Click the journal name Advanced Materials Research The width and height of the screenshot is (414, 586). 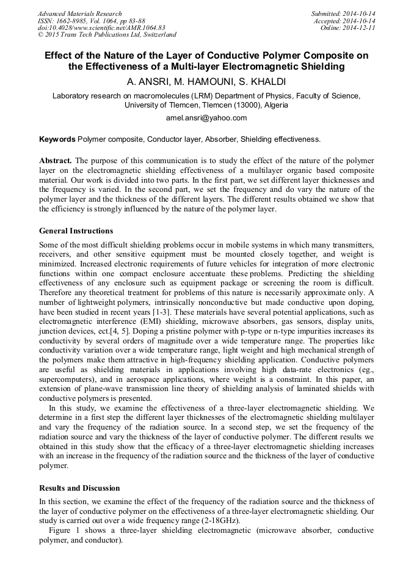[80, 13]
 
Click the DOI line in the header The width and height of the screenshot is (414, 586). [101, 28]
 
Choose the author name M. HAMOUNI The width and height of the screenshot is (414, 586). [204, 81]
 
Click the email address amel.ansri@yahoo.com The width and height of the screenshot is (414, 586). [206, 118]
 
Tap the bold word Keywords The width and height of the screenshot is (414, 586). [57, 139]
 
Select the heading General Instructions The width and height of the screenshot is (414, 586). [76, 231]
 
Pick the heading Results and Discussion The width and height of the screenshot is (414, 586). [79, 488]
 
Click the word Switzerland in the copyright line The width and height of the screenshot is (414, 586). [156, 35]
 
